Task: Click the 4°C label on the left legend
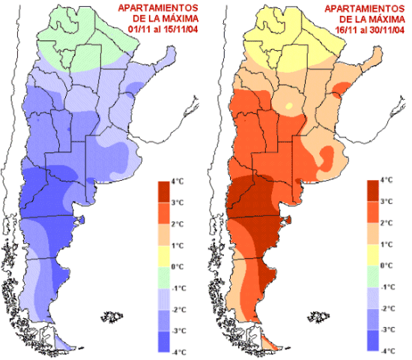178,181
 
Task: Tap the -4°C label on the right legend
388,351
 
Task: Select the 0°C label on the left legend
178,267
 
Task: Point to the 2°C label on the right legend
387,223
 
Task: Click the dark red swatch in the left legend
164,192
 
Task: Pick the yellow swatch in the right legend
373,255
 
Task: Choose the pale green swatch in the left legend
164,278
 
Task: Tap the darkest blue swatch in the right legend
373,340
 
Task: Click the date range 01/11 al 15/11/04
163,29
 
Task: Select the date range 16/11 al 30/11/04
370,30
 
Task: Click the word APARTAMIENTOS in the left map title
158,8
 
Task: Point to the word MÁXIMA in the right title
387,19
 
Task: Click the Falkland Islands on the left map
112,316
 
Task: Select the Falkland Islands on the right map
318,316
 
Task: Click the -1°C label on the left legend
179,289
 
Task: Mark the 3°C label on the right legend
387,202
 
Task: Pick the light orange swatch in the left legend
164,235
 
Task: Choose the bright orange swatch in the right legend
373,212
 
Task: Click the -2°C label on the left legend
179,310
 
